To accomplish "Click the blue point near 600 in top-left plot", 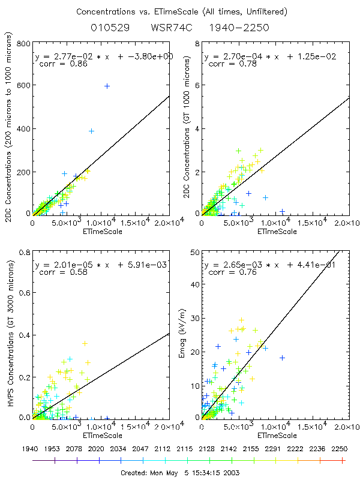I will tap(107, 86).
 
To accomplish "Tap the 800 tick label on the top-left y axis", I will tap(23, 44).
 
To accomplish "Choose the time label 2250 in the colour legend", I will tap(343, 449).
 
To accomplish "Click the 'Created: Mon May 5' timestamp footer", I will tap(179, 472).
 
